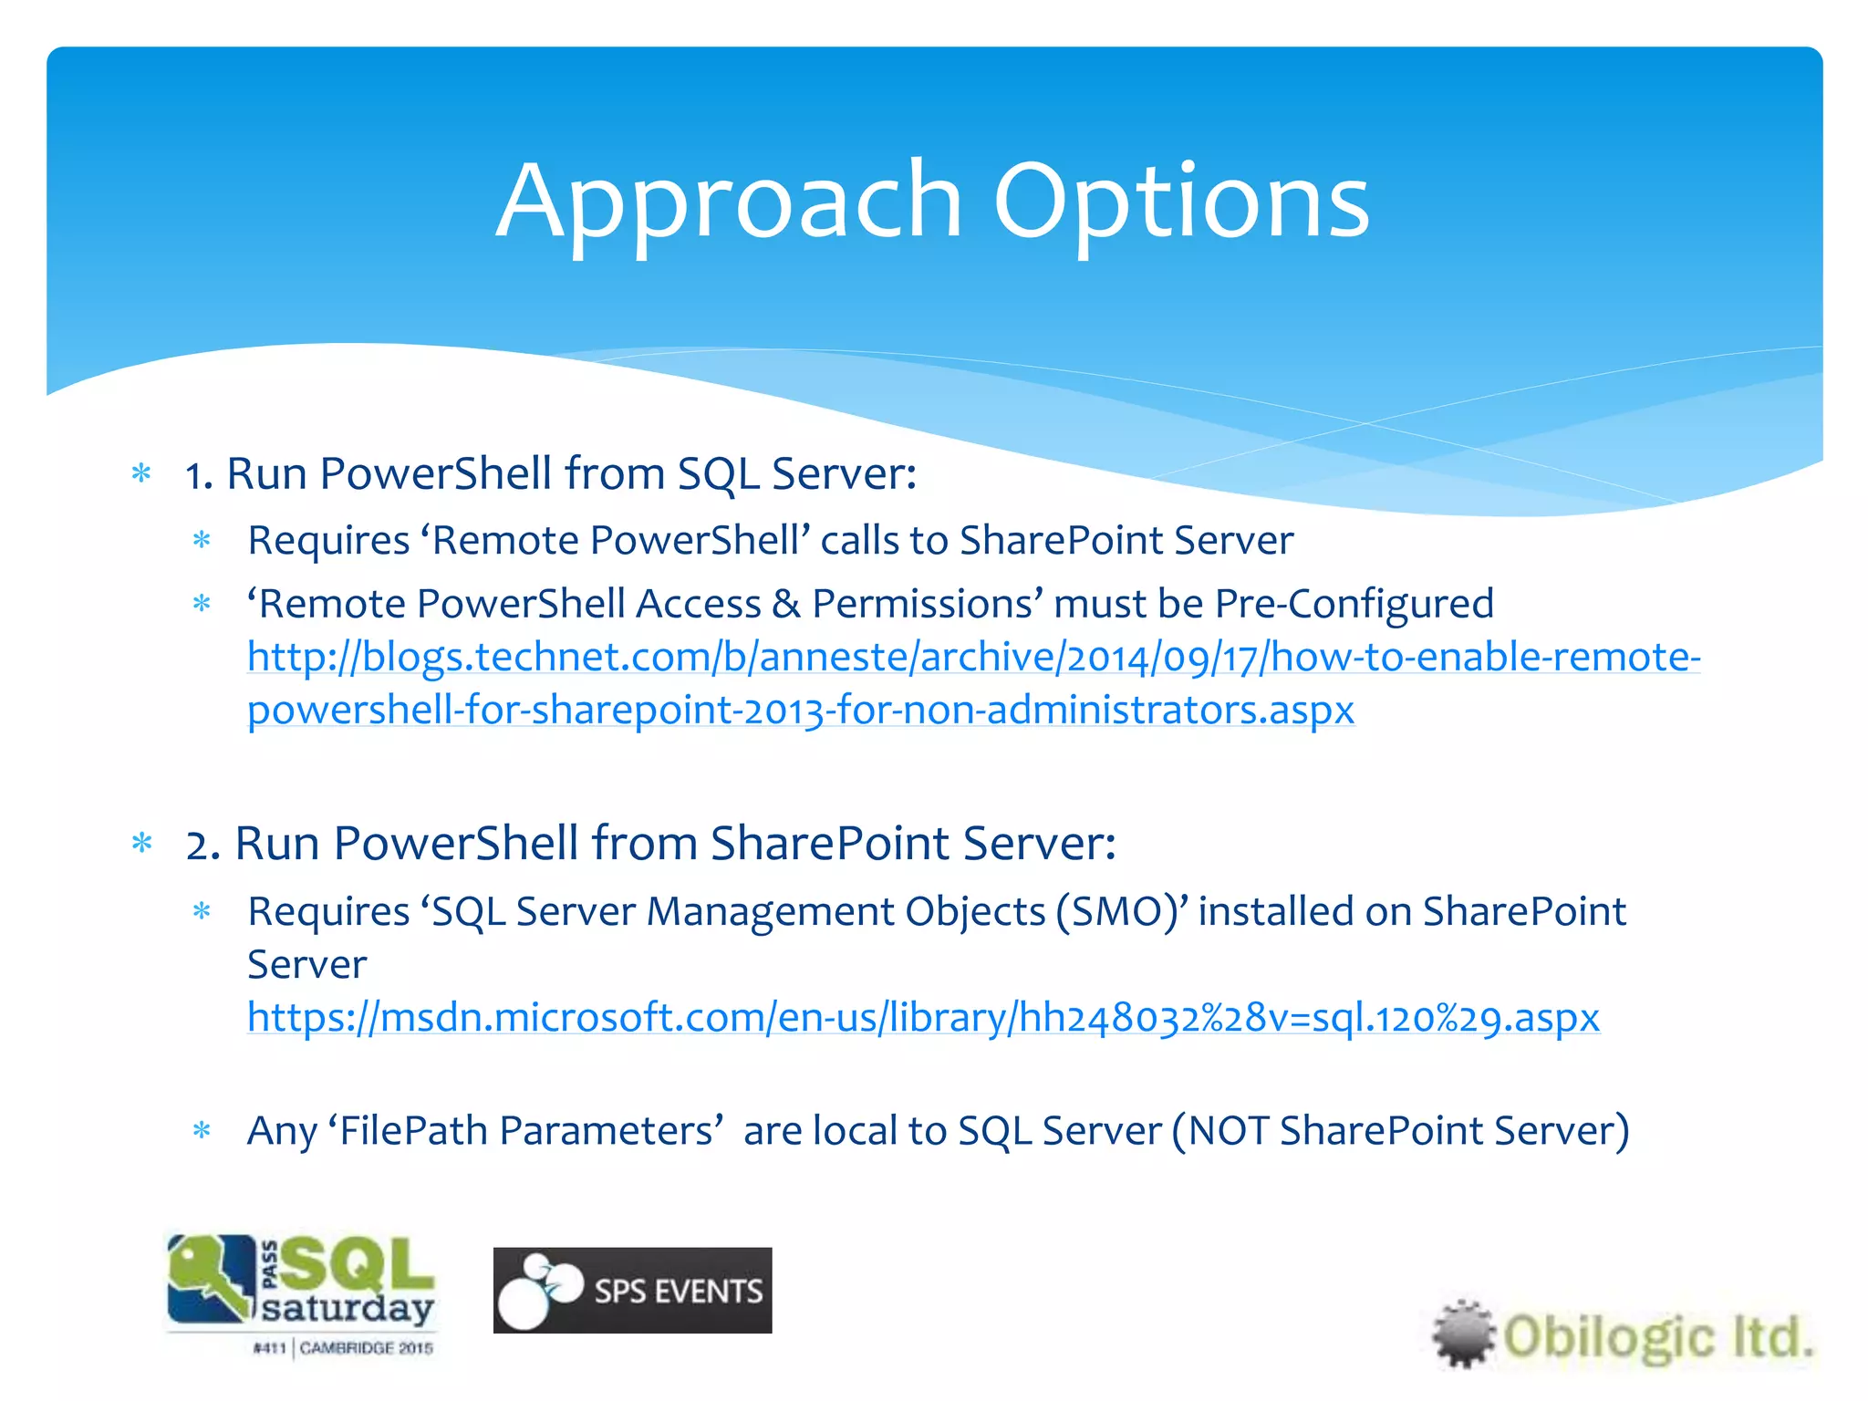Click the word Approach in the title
click(x=730, y=202)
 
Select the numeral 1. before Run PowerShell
click(x=199, y=475)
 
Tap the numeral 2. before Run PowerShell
click(x=202, y=845)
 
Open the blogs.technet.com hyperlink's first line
click(x=973, y=658)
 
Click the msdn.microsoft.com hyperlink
click(x=923, y=1018)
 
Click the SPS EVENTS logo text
click(x=678, y=1292)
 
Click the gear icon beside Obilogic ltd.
click(x=1463, y=1334)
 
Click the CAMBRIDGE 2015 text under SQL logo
click(x=366, y=1348)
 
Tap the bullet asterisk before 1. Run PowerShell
click(x=141, y=474)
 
